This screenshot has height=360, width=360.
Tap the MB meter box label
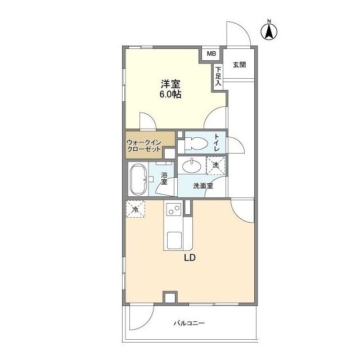click(211, 54)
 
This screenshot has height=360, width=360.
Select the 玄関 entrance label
click(239, 65)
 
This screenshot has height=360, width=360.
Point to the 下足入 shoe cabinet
click(218, 75)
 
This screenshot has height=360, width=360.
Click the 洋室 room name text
click(171, 84)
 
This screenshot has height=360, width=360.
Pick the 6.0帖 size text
click(171, 94)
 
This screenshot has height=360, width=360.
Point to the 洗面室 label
click(202, 185)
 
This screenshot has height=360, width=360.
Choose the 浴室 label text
click(164, 178)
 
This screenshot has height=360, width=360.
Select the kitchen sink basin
click(173, 239)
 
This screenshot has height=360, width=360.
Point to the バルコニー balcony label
click(188, 323)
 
